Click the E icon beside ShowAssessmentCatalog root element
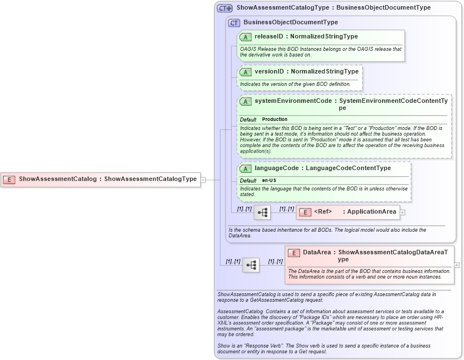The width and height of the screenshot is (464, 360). tap(9, 179)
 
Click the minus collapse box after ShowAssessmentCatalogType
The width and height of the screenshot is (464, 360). tap(203, 180)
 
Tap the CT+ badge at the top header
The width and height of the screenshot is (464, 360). tap(225, 8)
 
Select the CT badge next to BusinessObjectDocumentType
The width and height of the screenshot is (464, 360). tap(233, 23)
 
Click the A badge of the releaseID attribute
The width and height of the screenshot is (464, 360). tap(245, 37)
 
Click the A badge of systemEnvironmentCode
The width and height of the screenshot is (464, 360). tap(245, 101)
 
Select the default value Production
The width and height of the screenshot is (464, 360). tap(275, 119)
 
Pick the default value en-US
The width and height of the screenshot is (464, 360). tap(269, 180)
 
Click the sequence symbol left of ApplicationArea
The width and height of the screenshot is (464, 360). tap(262, 212)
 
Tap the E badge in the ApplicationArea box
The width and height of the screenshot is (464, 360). tap(305, 212)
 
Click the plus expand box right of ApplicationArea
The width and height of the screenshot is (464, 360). tap(402, 212)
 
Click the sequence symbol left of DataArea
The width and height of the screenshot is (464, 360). tap(251, 264)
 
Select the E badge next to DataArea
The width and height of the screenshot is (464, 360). tap(293, 253)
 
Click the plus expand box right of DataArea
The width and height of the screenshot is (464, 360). tap(457, 264)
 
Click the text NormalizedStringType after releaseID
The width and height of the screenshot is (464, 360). tap(324, 37)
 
